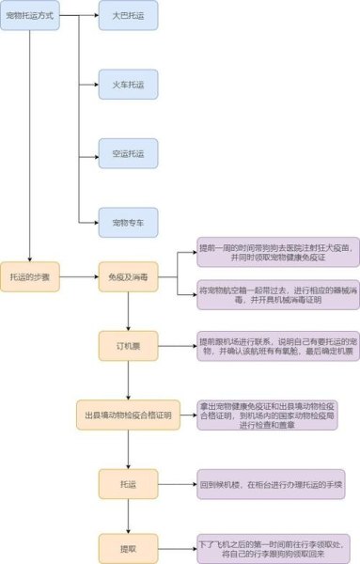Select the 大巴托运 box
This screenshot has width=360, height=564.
click(129, 17)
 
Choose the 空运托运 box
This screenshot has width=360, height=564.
click(129, 153)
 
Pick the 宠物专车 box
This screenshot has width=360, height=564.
click(129, 222)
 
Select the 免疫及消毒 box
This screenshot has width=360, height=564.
click(129, 278)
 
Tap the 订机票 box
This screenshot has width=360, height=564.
click(129, 346)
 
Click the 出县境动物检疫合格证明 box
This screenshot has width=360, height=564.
click(129, 415)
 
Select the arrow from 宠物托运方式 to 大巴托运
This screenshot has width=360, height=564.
click(80, 17)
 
